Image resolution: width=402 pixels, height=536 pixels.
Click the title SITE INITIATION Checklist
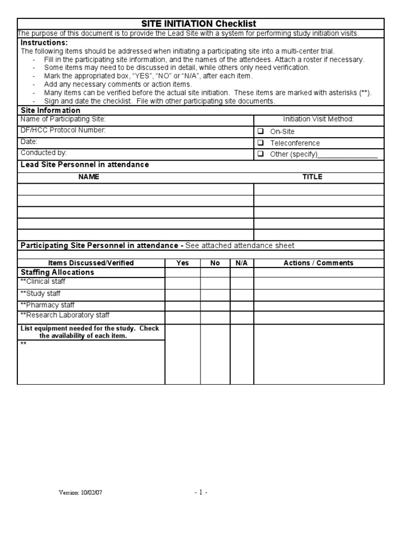pos(199,24)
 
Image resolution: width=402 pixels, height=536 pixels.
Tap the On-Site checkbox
pos(260,131)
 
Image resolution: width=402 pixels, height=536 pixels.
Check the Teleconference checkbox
pos(260,143)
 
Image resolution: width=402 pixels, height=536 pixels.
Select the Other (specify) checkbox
pos(260,154)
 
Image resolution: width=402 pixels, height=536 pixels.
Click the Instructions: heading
pos(44,42)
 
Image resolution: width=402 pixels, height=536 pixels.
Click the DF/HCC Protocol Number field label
pos(63,130)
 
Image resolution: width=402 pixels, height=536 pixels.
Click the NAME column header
pos(88,177)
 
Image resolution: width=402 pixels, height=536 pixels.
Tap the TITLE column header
pos(312,177)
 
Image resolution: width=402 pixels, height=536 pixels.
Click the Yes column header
pos(183,263)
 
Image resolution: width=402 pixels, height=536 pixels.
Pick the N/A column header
pos(241,263)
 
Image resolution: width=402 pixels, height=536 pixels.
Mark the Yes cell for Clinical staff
pos(183,283)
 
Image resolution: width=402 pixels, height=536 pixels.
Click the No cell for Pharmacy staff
pos(215,305)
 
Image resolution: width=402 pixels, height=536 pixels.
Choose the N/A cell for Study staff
pos(241,294)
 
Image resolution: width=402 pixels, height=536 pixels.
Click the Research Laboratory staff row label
pos(65,315)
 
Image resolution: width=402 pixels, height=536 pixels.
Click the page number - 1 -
pos(200,493)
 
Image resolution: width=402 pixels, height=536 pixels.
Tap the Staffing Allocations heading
pos(57,272)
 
